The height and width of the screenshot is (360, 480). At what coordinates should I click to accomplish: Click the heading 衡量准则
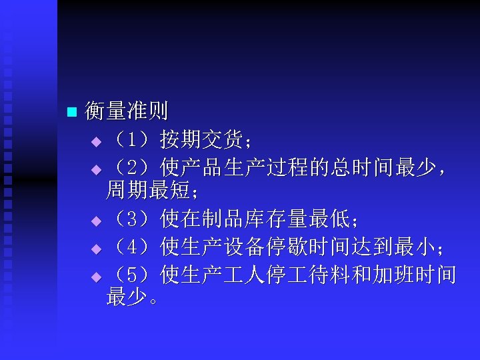(127, 111)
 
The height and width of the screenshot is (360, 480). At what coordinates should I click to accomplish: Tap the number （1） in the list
(131, 141)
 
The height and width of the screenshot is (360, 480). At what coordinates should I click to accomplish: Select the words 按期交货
(197, 141)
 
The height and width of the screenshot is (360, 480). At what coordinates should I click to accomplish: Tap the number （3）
(131, 217)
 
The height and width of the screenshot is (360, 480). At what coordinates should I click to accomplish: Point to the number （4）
(131, 248)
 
